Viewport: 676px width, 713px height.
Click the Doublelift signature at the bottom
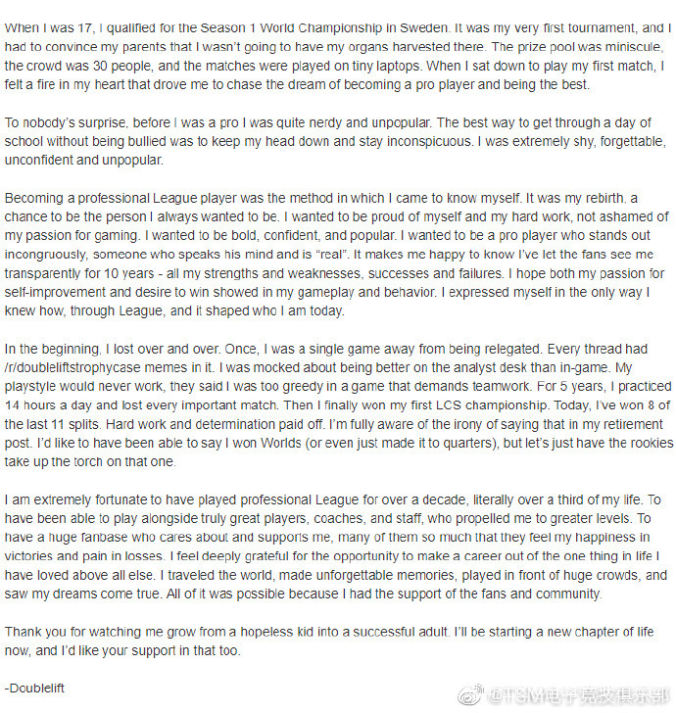tap(36, 688)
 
